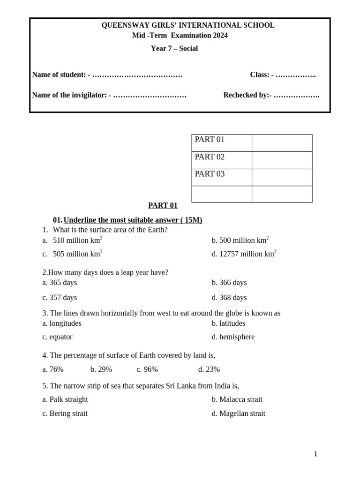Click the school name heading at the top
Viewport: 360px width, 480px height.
point(188,25)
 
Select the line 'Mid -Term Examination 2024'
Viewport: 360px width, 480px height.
point(180,36)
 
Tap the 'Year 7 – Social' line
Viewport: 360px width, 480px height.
point(174,48)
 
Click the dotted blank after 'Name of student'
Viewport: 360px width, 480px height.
point(137,75)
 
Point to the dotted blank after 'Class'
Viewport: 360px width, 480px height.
point(296,75)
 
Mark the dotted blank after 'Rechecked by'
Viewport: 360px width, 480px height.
point(297,95)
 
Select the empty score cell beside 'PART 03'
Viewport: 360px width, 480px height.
point(282,177)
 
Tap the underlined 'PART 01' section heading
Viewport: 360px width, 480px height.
point(163,205)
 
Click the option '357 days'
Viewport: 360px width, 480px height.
point(63,298)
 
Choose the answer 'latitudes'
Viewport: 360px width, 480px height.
point(232,323)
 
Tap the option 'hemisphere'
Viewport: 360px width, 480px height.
point(237,337)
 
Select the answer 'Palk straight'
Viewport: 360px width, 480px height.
point(68,399)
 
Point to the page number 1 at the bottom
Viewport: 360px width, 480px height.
point(315,454)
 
